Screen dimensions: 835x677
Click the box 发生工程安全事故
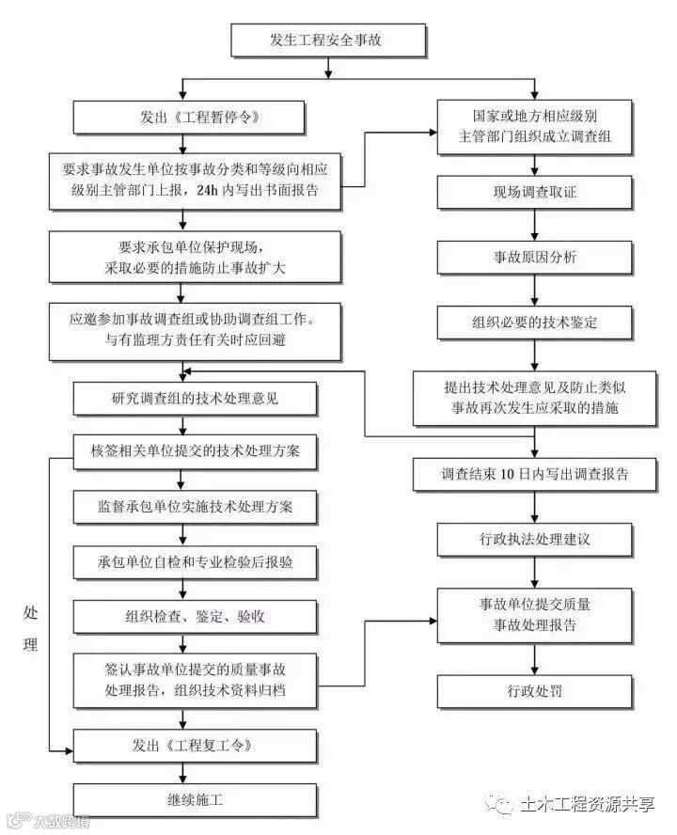[x=327, y=40]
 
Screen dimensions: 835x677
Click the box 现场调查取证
[x=535, y=192]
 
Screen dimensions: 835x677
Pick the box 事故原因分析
[x=535, y=257]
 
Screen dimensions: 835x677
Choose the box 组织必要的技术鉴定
[x=535, y=323]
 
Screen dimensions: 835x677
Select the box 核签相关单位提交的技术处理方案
[x=195, y=450]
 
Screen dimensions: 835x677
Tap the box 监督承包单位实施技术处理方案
[x=195, y=506]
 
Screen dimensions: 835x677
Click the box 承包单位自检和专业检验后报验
[x=195, y=561]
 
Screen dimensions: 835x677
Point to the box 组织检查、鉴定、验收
[x=195, y=617]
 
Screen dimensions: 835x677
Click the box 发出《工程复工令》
[x=195, y=746]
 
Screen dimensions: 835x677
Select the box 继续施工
[x=195, y=800]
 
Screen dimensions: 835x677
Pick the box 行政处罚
[x=535, y=691]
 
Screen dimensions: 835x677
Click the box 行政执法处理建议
[x=535, y=540]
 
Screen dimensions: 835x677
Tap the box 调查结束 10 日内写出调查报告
[x=535, y=474]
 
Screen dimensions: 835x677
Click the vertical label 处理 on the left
[x=31, y=628]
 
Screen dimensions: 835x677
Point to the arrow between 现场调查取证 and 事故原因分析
[x=535, y=225]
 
